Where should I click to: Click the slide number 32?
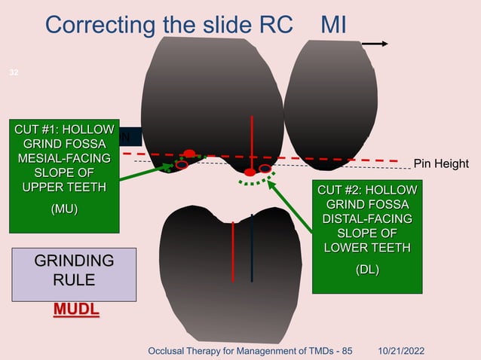(13, 72)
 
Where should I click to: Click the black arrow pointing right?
(375, 44)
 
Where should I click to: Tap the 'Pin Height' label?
(441, 163)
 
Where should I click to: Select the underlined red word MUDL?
(75, 310)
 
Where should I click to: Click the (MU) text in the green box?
(64, 209)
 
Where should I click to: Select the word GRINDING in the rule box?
(75, 261)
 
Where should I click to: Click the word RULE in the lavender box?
(74, 281)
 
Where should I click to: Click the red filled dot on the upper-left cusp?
(189, 154)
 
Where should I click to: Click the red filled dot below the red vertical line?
(250, 172)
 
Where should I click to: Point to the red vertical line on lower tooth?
(234, 249)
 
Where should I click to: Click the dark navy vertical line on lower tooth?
(252, 249)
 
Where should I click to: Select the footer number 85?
(345, 351)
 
